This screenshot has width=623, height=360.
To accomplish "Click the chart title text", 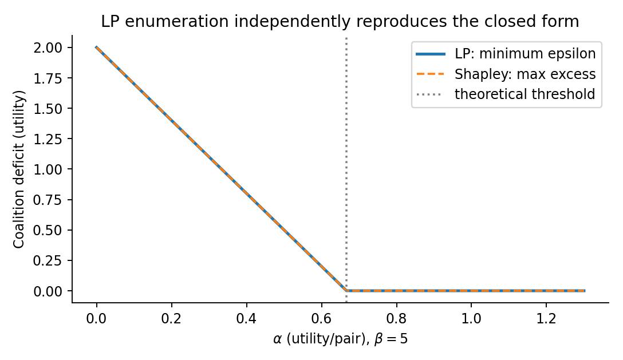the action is [340, 21].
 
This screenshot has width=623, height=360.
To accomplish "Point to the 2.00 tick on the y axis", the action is [48, 48].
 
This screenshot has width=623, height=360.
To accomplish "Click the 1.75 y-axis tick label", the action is [48, 78].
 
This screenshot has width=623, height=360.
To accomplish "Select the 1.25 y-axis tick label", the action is [48, 139].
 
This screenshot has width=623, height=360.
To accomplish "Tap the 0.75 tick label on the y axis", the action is [48, 200].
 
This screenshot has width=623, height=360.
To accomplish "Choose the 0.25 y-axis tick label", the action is [48, 260].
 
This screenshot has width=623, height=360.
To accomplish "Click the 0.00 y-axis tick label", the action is [48, 291].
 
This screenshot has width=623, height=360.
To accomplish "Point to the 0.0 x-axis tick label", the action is [97, 318].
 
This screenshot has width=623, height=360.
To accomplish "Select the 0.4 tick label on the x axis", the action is [246, 318].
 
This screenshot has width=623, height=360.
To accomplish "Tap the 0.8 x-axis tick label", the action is [396, 318].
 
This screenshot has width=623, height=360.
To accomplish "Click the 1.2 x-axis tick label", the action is [546, 318].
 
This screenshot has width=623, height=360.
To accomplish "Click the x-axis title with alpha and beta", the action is [341, 339].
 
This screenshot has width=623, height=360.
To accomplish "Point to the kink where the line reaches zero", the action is [346, 291].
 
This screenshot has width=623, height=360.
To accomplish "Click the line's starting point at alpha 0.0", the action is [97, 48].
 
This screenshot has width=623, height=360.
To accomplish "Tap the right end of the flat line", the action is [585, 291].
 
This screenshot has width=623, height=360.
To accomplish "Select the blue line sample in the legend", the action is [431, 54].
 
